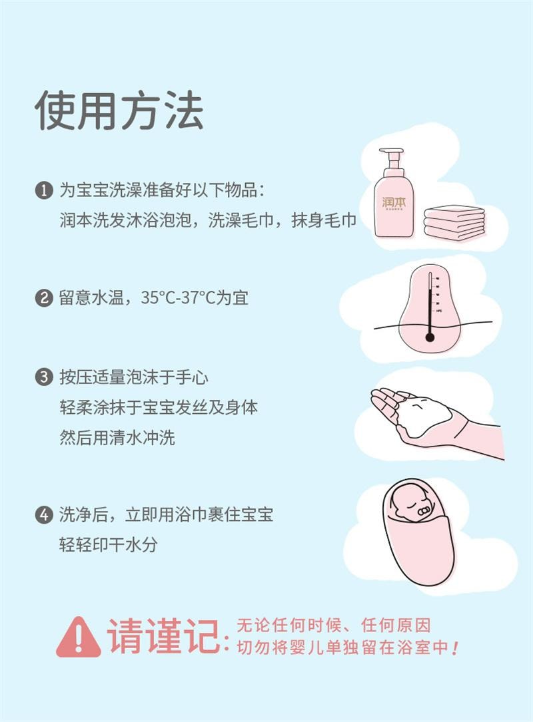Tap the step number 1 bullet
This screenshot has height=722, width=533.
[x=43, y=190]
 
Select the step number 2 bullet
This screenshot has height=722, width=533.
[x=43, y=297]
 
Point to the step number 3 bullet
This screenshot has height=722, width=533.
[x=43, y=378]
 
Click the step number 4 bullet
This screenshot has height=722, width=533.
[x=43, y=514]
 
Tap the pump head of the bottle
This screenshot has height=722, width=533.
[x=392, y=156]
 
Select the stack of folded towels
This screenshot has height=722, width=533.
[x=454, y=222]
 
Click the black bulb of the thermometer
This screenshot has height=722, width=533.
[x=430, y=337]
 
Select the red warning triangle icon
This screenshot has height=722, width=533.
[x=79, y=637]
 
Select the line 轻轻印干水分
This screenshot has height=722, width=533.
[x=109, y=544]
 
